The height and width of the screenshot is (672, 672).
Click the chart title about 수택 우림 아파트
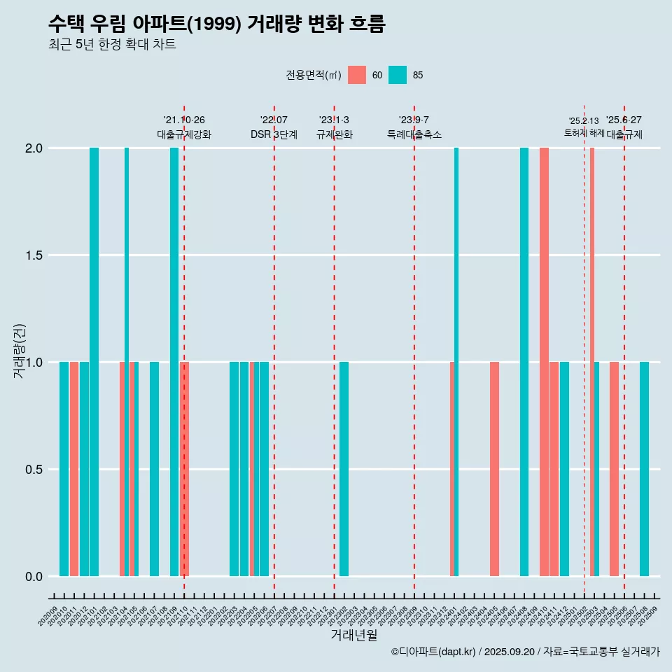(216, 24)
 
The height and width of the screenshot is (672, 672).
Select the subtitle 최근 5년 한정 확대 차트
(112, 45)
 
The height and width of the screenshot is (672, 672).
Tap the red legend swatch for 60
(357, 75)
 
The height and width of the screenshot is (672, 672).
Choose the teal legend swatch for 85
(398, 75)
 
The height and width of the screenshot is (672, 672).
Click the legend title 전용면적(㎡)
(313, 75)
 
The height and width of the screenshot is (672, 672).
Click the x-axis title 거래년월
(353, 636)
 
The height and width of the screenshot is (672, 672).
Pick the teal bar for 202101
(94, 362)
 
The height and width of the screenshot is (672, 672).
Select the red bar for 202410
(544, 362)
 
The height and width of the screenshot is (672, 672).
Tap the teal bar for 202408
(524, 362)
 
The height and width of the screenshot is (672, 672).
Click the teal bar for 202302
(344, 469)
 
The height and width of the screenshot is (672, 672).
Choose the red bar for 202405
(494, 469)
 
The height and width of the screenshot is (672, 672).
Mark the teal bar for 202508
(644, 469)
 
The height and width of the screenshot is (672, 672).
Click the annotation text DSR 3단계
(274, 134)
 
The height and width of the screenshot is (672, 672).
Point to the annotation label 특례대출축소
(414, 134)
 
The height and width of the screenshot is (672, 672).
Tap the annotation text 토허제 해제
(584, 133)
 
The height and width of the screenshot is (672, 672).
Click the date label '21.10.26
(184, 120)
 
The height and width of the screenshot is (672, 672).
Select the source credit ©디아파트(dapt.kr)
(435, 652)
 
